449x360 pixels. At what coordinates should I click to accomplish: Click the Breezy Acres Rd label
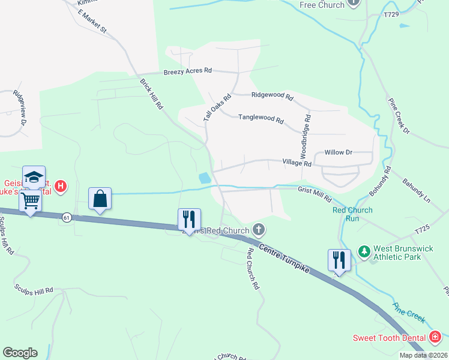coord(188,71)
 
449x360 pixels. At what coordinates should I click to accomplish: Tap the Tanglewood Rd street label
coord(261,119)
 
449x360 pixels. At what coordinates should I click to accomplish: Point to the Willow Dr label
coord(338,152)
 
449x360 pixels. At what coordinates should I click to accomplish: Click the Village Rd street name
coord(297,163)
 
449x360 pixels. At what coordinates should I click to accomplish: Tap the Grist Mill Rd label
coord(315,189)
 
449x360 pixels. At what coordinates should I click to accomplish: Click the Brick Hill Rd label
coord(151,93)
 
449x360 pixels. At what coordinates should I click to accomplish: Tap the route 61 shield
coord(66,217)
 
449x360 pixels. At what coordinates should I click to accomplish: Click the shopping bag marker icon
coord(100,199)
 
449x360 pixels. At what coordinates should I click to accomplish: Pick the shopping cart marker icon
coord(31,201)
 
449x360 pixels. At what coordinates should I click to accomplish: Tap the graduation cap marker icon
coord(34,177)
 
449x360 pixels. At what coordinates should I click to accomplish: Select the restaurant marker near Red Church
coord(189,219)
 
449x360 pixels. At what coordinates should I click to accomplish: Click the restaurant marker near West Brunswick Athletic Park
coord(339,260)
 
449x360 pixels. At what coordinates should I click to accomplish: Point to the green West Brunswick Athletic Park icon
coord(363,250)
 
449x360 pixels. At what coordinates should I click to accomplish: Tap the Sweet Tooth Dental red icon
coord(436,336)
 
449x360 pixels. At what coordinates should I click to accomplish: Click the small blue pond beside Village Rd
coord(205,178)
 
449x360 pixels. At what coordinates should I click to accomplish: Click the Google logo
coord(19,353)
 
